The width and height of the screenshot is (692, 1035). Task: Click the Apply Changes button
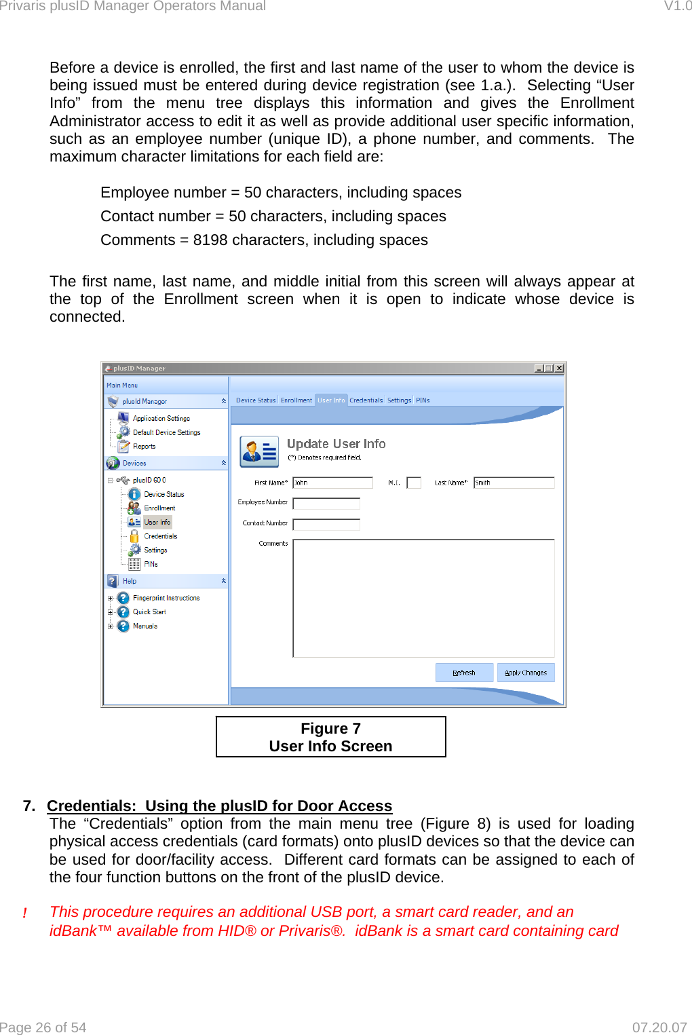(x=526, y=673)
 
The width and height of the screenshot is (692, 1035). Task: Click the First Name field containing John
(x=332, y=483)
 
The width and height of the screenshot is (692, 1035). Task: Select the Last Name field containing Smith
(x=514, y=483)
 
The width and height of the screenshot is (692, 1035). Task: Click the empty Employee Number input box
(x=326, y=504)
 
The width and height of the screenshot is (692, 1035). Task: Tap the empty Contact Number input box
(x=326, y=525)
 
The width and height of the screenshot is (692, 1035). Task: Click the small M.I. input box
(x=414, y=483)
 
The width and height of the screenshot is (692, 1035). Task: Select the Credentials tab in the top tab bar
(x=366, y=400)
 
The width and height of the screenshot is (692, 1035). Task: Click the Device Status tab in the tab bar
(x=256, y=400)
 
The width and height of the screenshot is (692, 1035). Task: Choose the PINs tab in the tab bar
(x=423, y=400)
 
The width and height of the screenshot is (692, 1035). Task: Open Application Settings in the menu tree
(x=161, y=419)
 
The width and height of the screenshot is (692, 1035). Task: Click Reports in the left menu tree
(x=144, y=447)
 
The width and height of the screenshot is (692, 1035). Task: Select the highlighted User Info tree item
(x=157, y=523)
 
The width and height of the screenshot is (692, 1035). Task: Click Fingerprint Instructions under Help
(x=166, y=598)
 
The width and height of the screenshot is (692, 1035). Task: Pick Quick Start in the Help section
(x=149, y=612)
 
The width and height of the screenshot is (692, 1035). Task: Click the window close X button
(x=559, y=369)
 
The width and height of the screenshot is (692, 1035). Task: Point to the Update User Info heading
(x=336, y=444)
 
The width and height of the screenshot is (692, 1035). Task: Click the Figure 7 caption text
(x=330, y=729)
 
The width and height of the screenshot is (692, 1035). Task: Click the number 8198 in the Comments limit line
(x=210, y=240)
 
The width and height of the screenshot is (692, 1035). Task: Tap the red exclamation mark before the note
(x=25, y=914)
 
